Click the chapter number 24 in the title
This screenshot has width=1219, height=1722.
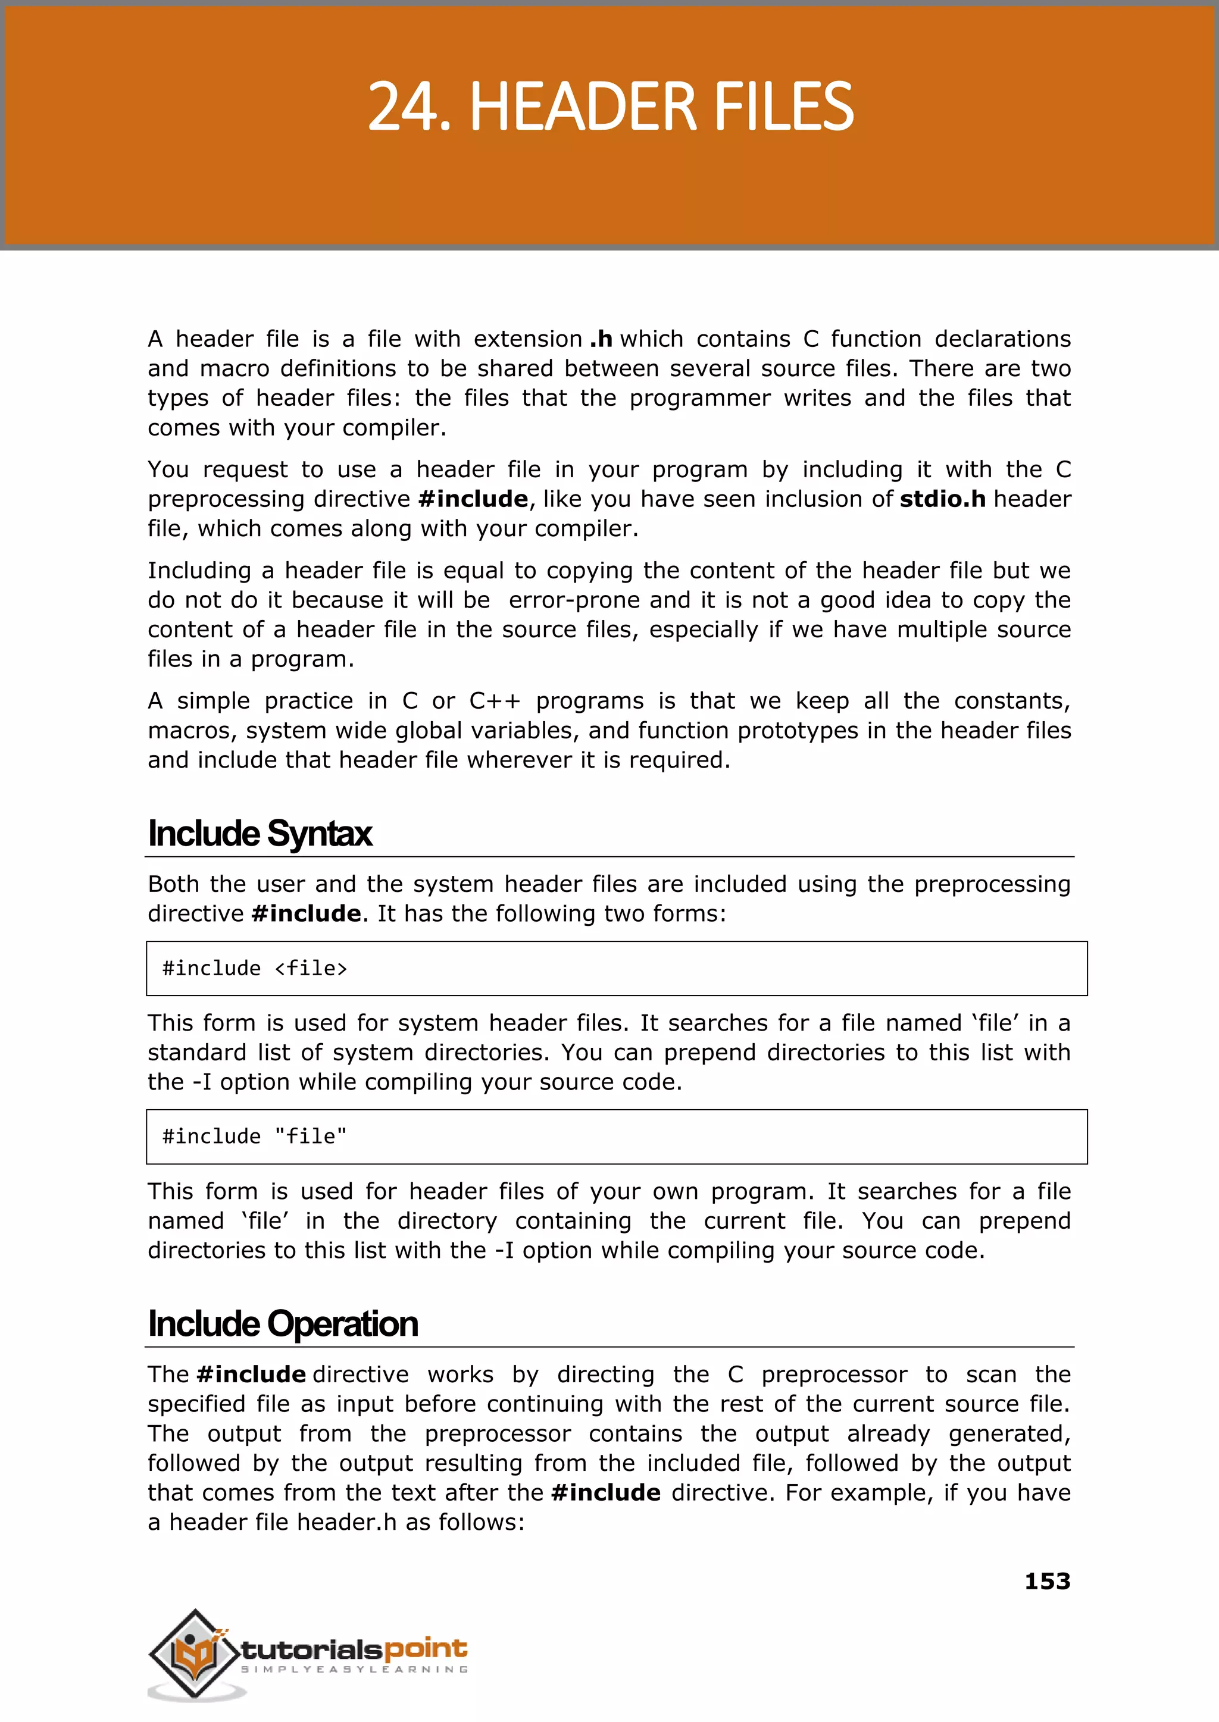tap(402, 107)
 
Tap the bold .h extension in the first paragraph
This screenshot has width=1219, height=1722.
tap(601, 339)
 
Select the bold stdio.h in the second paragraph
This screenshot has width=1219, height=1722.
tap(942, 499)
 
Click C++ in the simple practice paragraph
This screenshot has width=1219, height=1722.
tap(494, 701)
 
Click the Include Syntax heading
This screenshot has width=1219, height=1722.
tap(260, 834)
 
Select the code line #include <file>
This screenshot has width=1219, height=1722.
tap(255, 969)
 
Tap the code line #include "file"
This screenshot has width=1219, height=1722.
tap(255, 1136)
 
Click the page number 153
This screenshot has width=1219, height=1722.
tap(1047, 1582)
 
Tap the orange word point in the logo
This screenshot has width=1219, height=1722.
tap(426, 1649)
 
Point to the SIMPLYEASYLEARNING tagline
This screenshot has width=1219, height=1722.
tap(354, 1670)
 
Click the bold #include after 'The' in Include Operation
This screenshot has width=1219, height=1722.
tap(251, 1375)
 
